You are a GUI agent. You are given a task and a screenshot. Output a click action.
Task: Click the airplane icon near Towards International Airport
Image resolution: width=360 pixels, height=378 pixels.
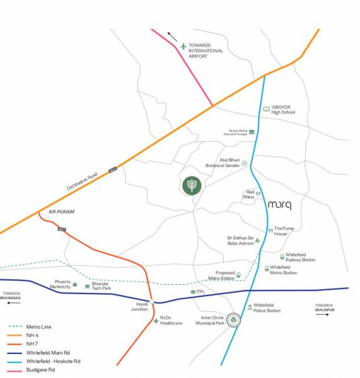click(184, 46)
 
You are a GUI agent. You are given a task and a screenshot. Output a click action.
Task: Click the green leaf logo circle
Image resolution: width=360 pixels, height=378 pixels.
click(191, 185)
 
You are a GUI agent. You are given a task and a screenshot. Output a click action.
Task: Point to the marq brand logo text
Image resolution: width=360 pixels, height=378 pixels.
click(280, 205)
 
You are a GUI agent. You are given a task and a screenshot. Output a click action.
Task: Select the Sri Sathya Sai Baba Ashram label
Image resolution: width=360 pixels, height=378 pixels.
click(240, 241)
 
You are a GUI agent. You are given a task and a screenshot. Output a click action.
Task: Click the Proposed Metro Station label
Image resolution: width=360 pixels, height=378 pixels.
click(221, 275)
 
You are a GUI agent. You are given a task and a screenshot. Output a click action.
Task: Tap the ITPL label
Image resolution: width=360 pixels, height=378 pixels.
click(201, 292)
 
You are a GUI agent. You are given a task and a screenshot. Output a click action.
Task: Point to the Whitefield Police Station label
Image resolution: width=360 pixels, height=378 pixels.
click(267, 307)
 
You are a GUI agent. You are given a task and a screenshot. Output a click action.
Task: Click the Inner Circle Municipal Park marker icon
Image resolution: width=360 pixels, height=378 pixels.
click(234, 321)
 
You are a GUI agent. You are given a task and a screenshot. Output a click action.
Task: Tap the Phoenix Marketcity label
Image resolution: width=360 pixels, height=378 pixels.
click(62, 284)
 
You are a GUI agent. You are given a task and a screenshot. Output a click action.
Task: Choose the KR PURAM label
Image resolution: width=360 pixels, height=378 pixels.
click(62, 212)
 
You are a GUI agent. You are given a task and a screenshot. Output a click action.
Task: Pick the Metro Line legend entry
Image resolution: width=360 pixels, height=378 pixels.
click(38, 327)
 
